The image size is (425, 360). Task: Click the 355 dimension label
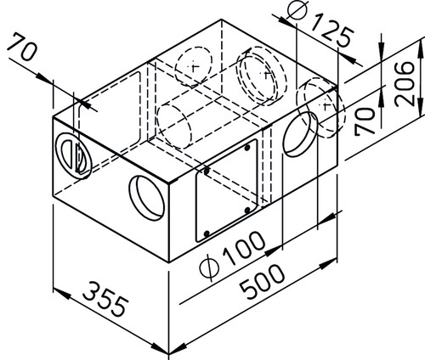105,299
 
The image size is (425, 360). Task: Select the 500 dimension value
262,282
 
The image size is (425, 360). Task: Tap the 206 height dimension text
405,84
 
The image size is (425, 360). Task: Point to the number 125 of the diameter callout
332,31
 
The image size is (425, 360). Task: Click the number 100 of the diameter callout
245,249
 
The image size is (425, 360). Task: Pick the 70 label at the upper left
22,47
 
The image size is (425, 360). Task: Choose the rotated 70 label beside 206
365,121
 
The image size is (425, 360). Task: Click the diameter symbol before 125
297,9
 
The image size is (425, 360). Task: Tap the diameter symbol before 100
209,267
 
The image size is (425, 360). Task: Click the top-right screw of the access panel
247,148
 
